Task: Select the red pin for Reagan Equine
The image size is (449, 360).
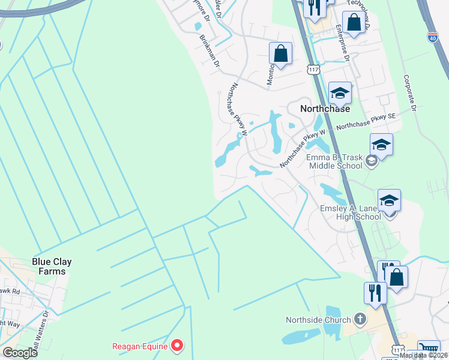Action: [x=177, y=346]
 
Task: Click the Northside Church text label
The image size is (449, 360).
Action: [x=318, y=320]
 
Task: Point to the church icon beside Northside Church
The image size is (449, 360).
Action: [x=360, y=319]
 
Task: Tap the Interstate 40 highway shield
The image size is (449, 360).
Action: [x=432, y=37]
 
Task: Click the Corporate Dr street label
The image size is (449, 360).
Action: [x=411, y=93]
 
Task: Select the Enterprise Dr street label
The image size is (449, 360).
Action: [x=343, y=44]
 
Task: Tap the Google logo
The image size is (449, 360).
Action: [x=20, y=353]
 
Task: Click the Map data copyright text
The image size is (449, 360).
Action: [x=424, y=355]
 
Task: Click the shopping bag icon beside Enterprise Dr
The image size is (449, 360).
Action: [x=354, y=23]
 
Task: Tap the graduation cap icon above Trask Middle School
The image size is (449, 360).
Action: [x=381, y=145]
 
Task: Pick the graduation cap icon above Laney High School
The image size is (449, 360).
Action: [x=389, y=200]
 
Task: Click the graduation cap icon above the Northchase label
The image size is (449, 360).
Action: [x=340, y=93]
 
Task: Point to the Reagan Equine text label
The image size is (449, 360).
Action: [x=140, y=346]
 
